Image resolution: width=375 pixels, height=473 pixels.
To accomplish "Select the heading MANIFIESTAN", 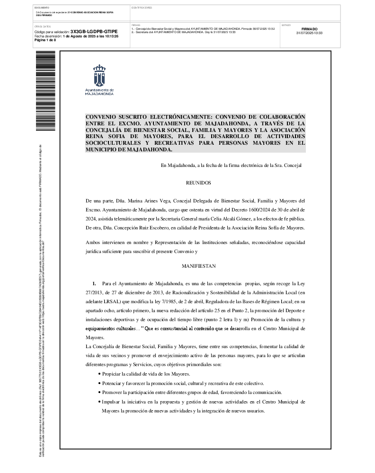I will coord(198,266).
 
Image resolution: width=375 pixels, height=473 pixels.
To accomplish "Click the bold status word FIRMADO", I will coord(309,29).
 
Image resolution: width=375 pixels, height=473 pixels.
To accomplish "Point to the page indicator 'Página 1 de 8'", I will coord(45,40).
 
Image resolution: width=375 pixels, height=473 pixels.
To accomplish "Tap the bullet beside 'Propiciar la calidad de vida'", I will coord(99,374).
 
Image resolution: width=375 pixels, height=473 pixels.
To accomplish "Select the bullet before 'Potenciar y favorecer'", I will coord(99,383).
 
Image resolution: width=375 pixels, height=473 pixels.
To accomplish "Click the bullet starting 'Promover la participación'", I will coord(99,393).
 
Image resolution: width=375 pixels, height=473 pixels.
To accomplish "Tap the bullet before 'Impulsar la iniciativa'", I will coord(99,402).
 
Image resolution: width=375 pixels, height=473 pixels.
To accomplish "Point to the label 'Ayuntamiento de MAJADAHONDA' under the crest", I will coord(99,92).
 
